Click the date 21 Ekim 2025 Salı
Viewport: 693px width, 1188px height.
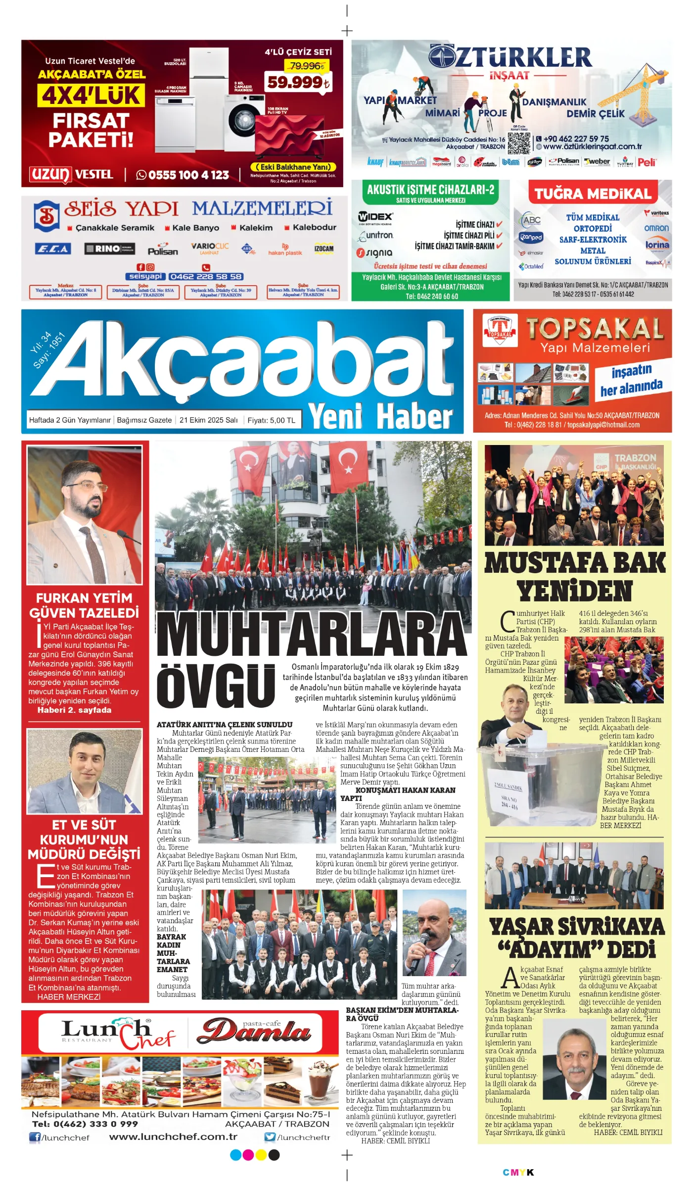(208, 420)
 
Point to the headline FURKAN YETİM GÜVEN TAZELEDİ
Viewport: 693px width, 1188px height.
(84, 605)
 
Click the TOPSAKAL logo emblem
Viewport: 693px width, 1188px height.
(500, 330)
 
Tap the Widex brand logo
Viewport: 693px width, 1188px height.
(375, 217)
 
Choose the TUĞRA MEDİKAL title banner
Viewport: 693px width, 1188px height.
(593, 194)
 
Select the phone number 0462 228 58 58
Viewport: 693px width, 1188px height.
(206, 277)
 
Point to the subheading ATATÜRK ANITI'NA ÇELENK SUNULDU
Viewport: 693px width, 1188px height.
(225, 725)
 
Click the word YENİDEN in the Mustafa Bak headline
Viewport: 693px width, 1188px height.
(575, 591)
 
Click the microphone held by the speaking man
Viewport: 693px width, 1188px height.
(423, 946)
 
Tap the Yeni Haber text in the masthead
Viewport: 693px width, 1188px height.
(380, 416)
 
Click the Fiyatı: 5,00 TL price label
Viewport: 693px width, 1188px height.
(271, 420)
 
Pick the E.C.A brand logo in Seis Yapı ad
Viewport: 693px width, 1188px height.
(53, 248)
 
